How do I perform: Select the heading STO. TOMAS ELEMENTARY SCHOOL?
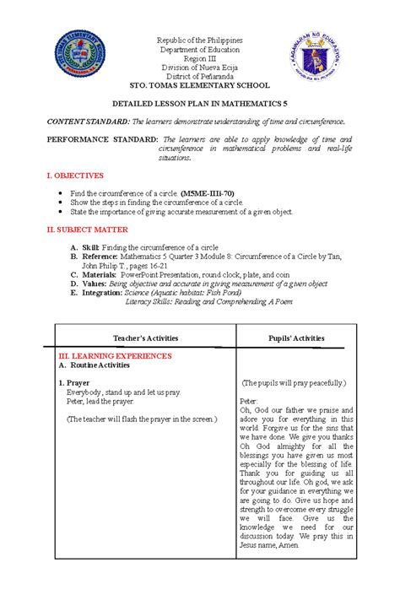tap(200, 85)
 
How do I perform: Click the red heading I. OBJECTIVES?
tap(75, 176)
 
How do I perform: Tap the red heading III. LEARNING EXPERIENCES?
tap(123, 357)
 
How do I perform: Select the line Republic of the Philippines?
tap(200, 40)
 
